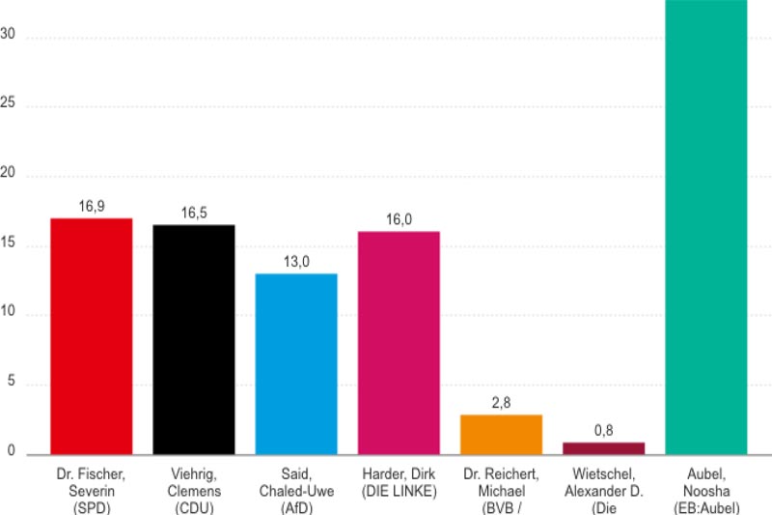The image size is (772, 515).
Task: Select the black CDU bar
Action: coord(194,339)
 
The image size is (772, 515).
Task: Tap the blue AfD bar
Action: coord(296,364)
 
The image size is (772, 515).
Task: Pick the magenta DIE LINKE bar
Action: coord(399,343)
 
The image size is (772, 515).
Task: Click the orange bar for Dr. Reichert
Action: coord(501,435)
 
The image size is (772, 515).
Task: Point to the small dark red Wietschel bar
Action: coord(603,448)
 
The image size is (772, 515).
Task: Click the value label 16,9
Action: coord(91,207)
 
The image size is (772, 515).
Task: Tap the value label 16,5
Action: coord(194,213)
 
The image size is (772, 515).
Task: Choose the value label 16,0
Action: coord(399,219)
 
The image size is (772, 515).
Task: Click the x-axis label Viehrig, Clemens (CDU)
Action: coord(194,491)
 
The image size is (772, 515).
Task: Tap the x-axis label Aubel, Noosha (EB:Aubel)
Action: coord(706,491)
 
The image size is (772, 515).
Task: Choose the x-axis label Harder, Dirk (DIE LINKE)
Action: coord(399,483)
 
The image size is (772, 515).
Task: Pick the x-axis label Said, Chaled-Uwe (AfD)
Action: coord(296,491)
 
